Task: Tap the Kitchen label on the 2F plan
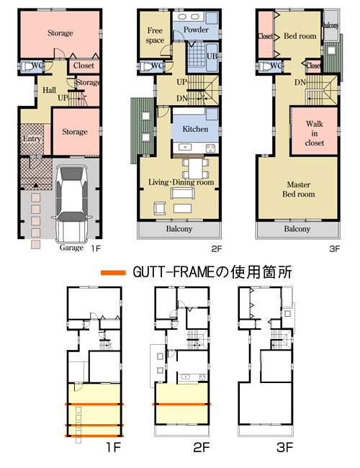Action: (195, 129)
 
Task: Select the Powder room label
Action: (196, 30)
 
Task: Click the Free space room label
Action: (155, 35)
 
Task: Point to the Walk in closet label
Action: (315, 133)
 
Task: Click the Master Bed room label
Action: (299, 189)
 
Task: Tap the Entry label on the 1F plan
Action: (32, 139)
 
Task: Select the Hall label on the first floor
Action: (49, 90)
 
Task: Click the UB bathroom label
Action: (212, 56)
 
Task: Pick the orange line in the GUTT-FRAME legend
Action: (113, 272)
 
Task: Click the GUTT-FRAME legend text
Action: (212, 272)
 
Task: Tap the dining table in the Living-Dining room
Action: (196, 168)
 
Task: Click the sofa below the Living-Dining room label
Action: (183, 194)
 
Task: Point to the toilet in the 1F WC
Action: (27, 66)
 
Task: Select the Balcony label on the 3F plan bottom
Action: (297, 229)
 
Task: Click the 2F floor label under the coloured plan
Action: (217, 248)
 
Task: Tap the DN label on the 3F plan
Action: (300, 82)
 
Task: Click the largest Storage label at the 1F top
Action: (60, 33)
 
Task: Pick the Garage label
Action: (71, 248)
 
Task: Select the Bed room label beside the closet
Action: (300, 36)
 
